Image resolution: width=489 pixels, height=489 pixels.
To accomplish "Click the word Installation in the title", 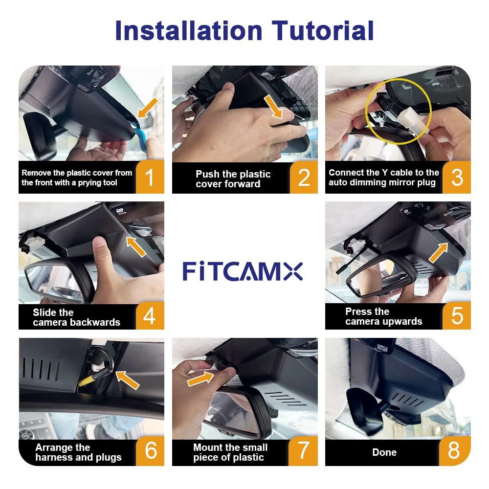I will coord(189,30).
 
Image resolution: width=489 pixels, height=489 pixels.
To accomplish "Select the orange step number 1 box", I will coord(150,177).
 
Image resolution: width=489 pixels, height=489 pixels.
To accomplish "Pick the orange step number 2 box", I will coord(304,177).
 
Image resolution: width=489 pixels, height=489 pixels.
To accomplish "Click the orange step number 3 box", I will coord(457,177).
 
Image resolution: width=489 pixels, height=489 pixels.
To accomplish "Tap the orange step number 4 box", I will coord(150,316).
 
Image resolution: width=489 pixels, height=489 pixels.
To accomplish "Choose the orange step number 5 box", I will coord(457,316).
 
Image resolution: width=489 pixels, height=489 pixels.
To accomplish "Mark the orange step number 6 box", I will coord(150,450).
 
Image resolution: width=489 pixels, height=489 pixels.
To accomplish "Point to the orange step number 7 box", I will coord(304,450).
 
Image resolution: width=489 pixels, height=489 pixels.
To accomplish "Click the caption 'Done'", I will coord(384,452).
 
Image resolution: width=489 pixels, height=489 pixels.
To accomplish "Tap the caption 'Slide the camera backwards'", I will coord(76,317).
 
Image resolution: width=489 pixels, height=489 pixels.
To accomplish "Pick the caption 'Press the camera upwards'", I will coord(383,316).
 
